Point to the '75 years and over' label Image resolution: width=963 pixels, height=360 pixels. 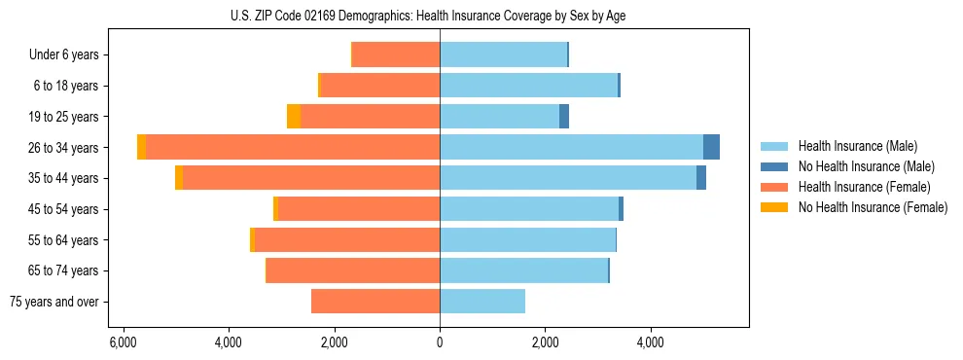[x=54, y=302]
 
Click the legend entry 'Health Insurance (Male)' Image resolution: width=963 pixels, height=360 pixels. [x=856, y=146]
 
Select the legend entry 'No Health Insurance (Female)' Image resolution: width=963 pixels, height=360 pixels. [x=872, y=207]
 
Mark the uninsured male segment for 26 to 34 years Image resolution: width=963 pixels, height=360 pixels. [x=711, y=147]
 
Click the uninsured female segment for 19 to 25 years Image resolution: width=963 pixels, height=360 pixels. [x=294, y=117]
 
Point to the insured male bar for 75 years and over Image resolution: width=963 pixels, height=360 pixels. [x=482, y=302]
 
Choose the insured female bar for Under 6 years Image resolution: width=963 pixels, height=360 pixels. [x=396, y=54]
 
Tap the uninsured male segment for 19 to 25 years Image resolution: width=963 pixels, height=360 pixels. [x=564, y=117]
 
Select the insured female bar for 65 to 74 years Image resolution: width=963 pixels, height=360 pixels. [x=353, y=270]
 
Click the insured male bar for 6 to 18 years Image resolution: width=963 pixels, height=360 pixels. [x=528, y=86]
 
